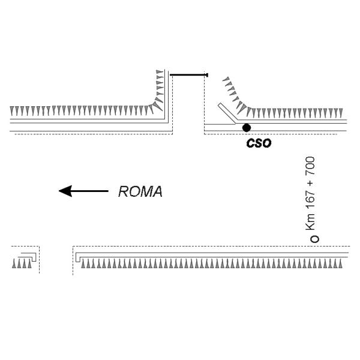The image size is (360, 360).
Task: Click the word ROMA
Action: (x=140, y=192)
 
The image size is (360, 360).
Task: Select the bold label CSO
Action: (x=259, y=144)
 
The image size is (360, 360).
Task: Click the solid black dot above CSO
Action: (x=246, y=127)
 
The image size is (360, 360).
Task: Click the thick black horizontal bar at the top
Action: (x=188, y=75)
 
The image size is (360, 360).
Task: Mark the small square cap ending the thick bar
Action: (x=207, y=75)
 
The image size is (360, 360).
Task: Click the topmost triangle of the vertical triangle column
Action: (x=160, y=72)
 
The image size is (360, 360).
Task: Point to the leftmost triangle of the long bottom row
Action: (x=83, y=263)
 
